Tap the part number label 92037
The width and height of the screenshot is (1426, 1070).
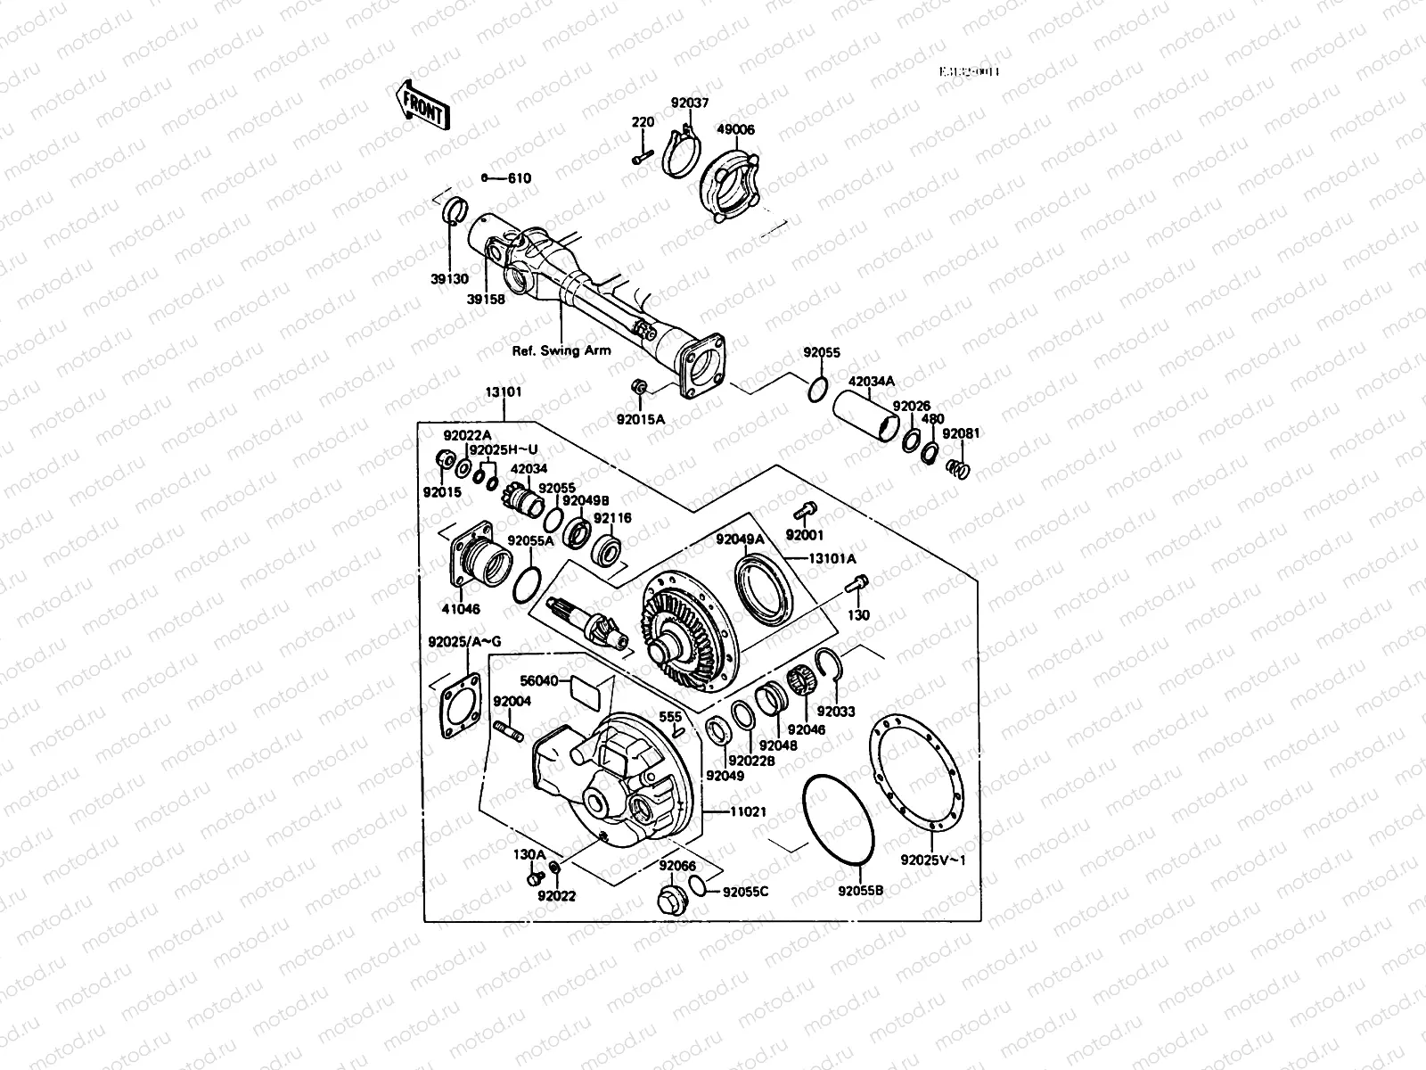tap(690, 103)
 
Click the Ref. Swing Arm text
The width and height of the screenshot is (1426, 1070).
tap(561, 350)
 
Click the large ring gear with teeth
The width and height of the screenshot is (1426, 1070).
tap(686, 638)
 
